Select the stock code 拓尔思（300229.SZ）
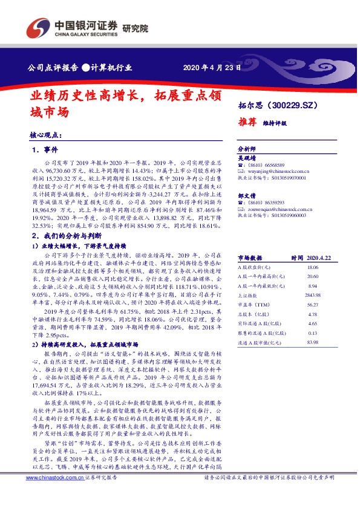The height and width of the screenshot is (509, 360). coord(277,105)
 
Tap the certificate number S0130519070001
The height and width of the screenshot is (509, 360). coord(286,178)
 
